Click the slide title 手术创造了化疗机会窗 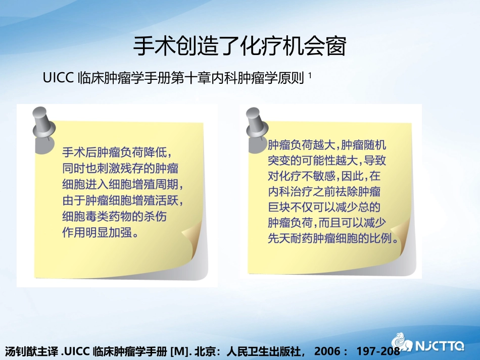point(239,47)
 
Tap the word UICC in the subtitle point(59,78)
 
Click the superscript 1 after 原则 point(309,76)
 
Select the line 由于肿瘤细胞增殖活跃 point(122,201)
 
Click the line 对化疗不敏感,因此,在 point(323,176)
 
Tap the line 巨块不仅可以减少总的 point(323,208)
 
